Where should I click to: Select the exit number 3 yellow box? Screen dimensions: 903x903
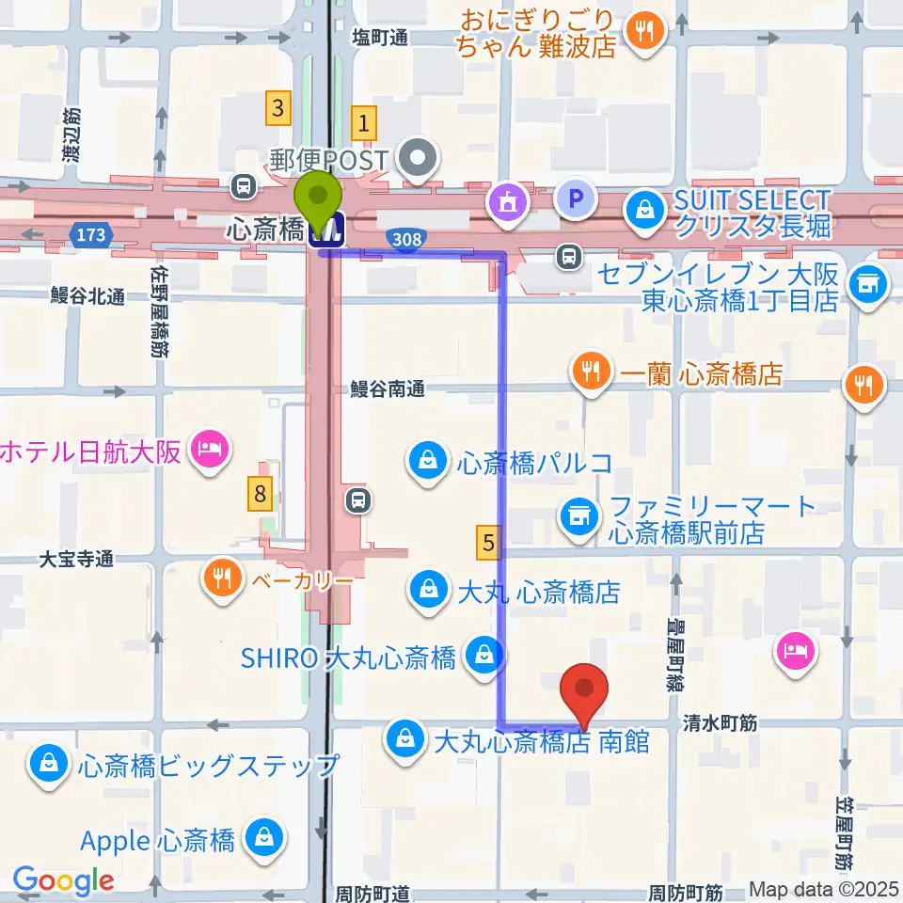pyautogui.click(x=277, y=107)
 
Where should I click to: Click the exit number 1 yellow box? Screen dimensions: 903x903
pyautogui.click(x=364, y=122)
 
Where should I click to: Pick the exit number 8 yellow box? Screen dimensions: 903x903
pyautogui.click(x=261, y=492)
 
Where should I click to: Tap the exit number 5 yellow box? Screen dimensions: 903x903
pyautogui.click(x=487, y=541)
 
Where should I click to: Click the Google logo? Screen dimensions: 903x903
pyautogui.click(x=63, y=881)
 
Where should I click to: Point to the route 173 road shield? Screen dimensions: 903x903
pyautogui.click(x=91, y=234)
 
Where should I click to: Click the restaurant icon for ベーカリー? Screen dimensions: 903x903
pyautogui.click(x=222, y=577)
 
